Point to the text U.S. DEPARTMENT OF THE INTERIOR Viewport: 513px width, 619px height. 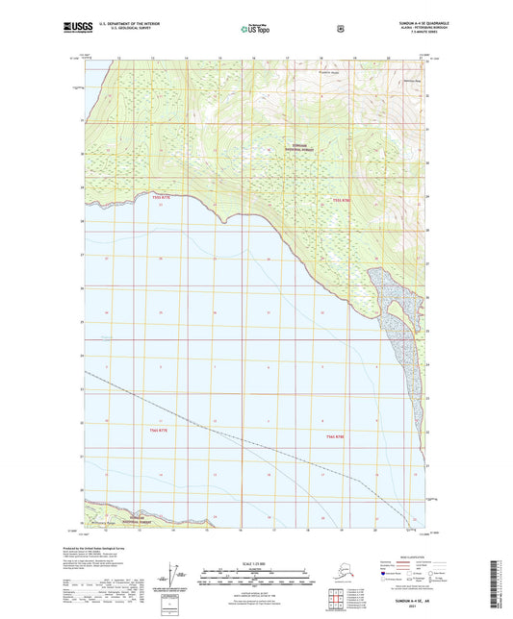coord(119,26)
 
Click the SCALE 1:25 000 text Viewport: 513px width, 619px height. coord(256,562)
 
